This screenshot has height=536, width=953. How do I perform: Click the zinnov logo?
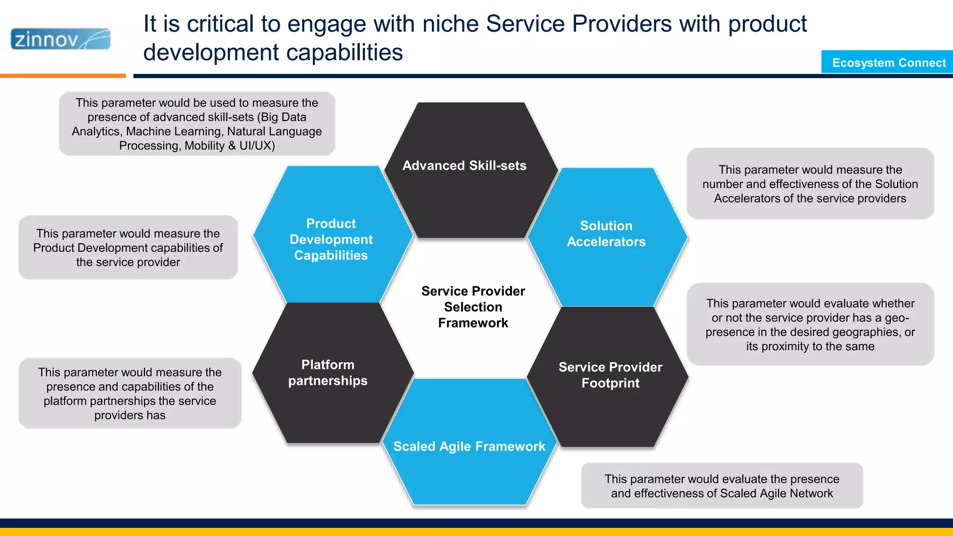(x=60, y=39)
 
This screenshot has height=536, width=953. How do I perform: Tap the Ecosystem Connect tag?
(x=888, y=62)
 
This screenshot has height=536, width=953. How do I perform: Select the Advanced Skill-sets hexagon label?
(x=464, y=166)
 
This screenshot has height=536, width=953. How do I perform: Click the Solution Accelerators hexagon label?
(x=606, y=234)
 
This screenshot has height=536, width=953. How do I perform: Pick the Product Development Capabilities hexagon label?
(x=331, y=239)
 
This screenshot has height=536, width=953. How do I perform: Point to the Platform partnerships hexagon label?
(x=328, y=373)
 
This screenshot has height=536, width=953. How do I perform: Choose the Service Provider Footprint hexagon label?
(x=610, y=375)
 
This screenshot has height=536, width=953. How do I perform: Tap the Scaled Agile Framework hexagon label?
(x=469, y=446)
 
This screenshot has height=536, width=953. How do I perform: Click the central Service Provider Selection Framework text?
(x=473, y=307)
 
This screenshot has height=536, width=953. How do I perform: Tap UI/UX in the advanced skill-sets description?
(x=257, y=146)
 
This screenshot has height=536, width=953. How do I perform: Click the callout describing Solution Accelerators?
(x=810, y=184)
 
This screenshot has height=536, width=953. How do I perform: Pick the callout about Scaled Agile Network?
(x=722, y=486)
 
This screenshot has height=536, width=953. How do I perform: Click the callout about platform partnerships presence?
(x=130, y=393)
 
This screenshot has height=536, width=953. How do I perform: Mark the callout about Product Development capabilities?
(x=128, y=248)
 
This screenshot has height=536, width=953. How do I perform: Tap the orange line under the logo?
(x=63, y=75)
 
